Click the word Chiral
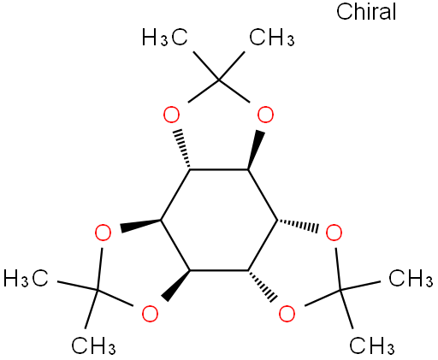pyautogui.click(x=366, y=12)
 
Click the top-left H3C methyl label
pyautogui.click(x=165, y=37)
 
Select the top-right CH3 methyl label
pyautogui.click(x=272, y=37)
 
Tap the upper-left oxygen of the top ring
pyautogui.click(x=171, y=115)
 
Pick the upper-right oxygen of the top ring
pyautogui.click(x=265, y=115)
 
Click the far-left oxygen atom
pyautogui.click(x=103, y=233)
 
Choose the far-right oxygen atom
pyautogui.click(x=334, y=233)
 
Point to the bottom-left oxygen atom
pyautogui.click(x=150, y=314)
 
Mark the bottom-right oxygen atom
pyautogui.click(x=287, y=314)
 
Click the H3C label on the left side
pyautogui.click(x=26, y=278)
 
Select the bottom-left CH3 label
pyautogui.click(x=93, y=345)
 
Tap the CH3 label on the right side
pyautogui.click(x=411, y=278)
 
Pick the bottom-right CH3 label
pyautogui.click(x=372, y=345)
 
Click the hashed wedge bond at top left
pyautogui.click(x=184, y=150)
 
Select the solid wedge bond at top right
pyautogui.click(x=254, y=150)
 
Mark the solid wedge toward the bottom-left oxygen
pyautogui.click(x=176, y=285)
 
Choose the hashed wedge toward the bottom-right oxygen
pyautogui.click(x=262, y=285)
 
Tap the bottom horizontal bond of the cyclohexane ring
pyautogui.click(x=219, y=270)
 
